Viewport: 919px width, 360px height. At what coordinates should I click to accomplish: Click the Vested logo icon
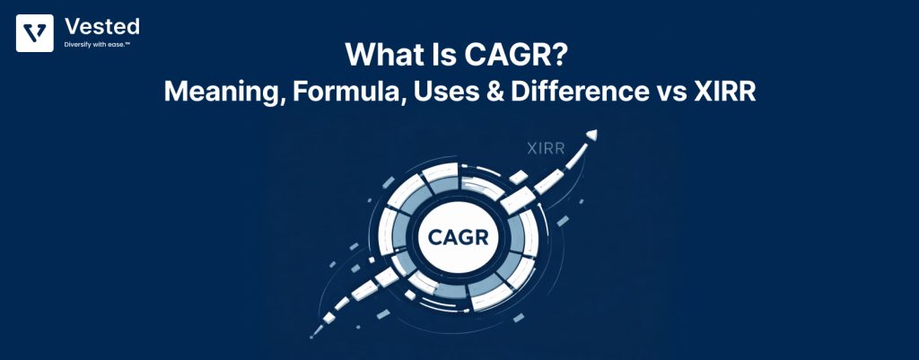tap(34, 32)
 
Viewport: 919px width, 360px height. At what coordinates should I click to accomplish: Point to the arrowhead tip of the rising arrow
tap(591, 136)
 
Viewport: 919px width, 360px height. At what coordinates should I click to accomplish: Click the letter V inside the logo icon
tap(34, 32)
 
